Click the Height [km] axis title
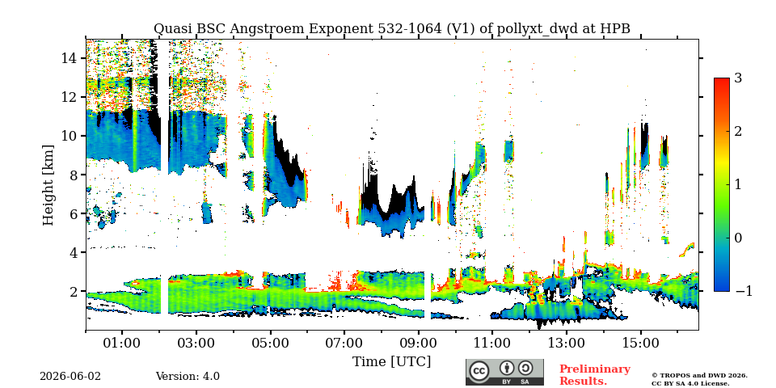click(48, 185)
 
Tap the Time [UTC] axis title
click(391, 362)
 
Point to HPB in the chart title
click(616, 29)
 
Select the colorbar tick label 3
click(738, 78)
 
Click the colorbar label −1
click(744, 292)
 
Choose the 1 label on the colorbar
click(738, 184)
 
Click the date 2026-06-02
click(70, 377)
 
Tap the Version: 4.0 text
click(188, 377)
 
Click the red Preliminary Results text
click(595, 375)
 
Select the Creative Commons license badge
click(504, 372)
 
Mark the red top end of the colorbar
click(722, 79)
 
